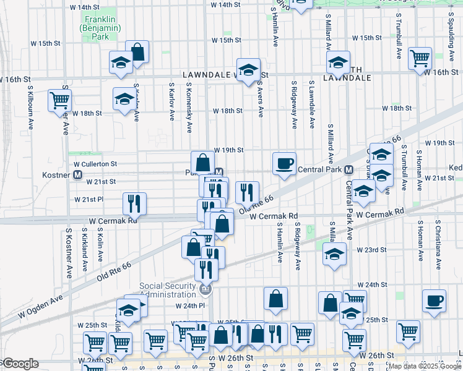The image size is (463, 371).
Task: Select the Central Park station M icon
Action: [348, 169]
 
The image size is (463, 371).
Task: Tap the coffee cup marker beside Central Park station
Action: [284, 164]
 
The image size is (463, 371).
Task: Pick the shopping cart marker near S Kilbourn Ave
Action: [59, 100]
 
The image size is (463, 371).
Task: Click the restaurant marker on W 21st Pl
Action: [134, 203]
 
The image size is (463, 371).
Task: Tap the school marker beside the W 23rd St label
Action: [334, 255]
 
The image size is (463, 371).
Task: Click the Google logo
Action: [20, 364]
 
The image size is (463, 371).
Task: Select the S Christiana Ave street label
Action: [438, 245]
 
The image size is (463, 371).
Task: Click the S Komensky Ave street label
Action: [189, 98]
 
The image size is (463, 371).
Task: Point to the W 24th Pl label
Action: [190, 305]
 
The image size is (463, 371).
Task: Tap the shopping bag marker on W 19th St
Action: [202, 163]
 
